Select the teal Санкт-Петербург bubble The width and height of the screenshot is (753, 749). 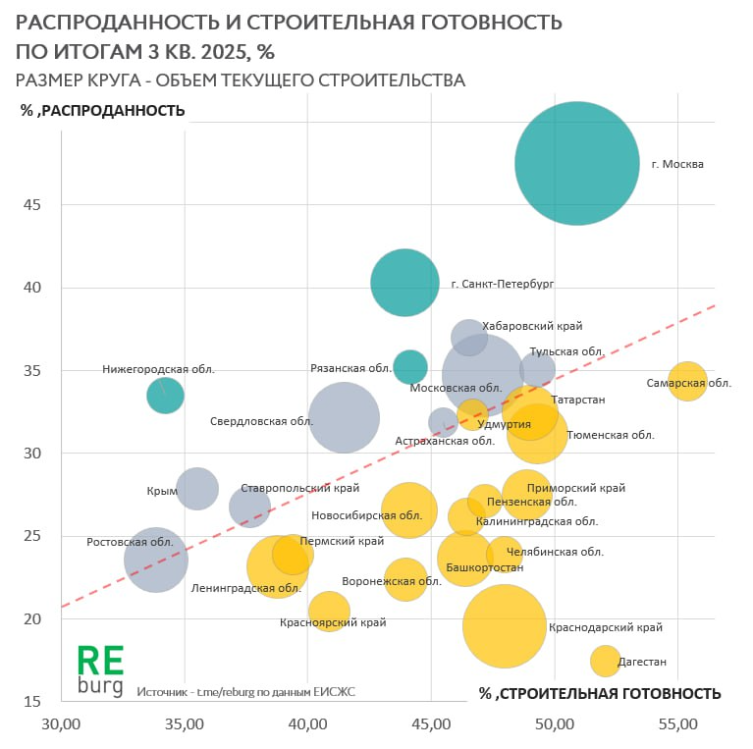pos(404,283)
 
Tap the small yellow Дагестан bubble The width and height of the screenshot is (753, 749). pos(605,661)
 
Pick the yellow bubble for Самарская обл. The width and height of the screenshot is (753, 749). pos(688,381)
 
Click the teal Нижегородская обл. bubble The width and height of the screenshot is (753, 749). pos(165,395)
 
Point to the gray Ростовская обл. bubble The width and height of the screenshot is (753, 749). pos(156,560)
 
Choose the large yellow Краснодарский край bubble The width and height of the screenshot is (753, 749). pos(505,626)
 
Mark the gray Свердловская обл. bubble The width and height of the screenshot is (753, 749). pos(344,417)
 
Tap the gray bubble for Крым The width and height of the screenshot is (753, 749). pos(197,488)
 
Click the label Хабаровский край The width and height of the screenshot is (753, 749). pos(533,326)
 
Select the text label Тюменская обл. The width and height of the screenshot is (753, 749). pos(611,434)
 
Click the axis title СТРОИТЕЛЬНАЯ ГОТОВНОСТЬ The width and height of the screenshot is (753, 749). pos(600,694)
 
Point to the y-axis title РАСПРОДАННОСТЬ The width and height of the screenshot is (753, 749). pos(103,110)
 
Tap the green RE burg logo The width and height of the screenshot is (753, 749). pos(101,670)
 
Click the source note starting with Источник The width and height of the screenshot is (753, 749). pos(246,692)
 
